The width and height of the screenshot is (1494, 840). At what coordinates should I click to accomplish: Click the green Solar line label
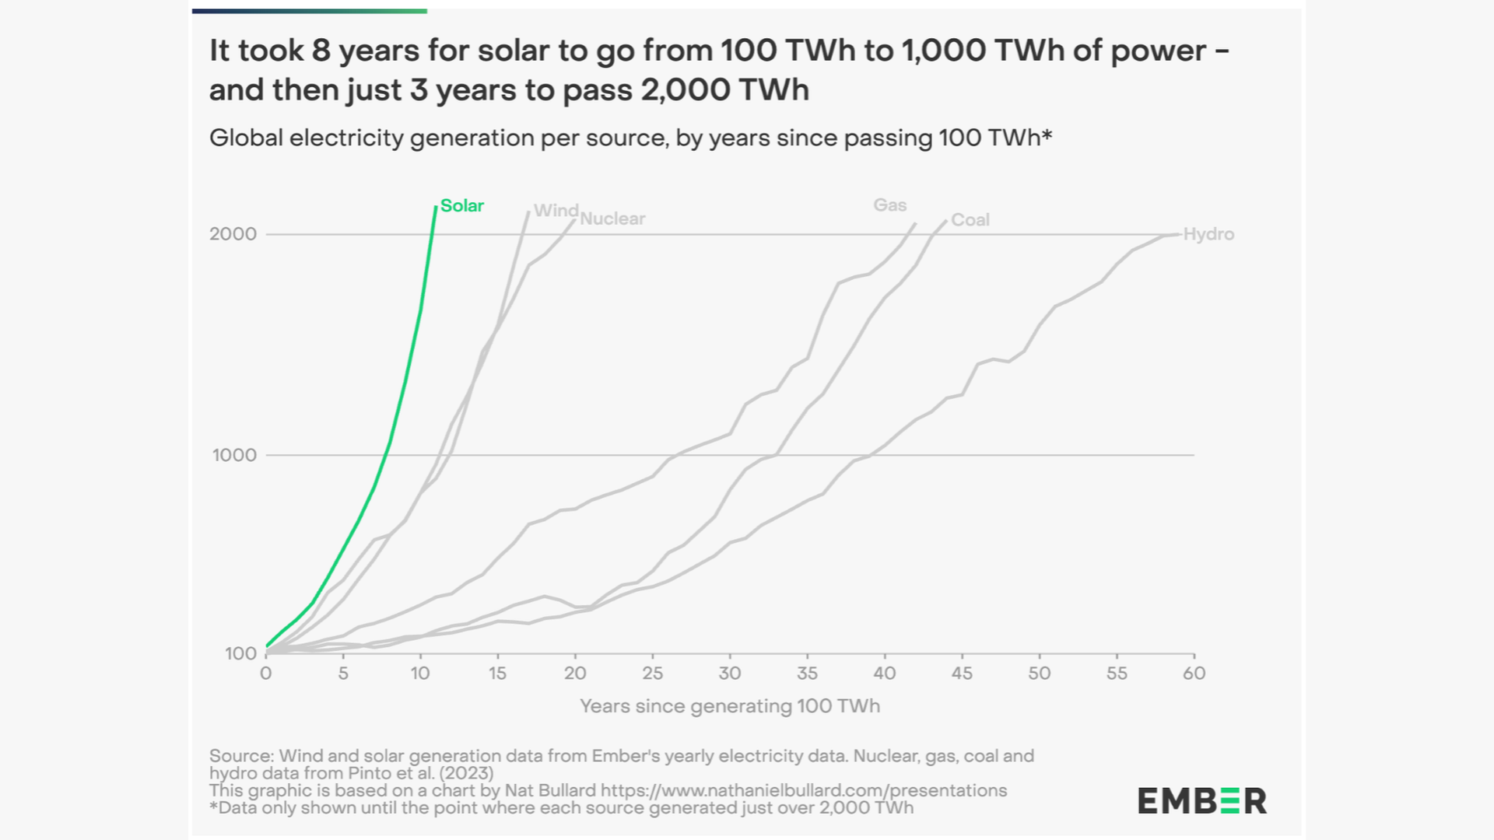pyautogui.click(x=461, y=205)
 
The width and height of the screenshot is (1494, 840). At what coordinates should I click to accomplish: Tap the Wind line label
pyautogui.click(x=556, y=210)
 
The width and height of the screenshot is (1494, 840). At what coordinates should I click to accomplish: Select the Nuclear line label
pyautogui.click(x=612, y=219)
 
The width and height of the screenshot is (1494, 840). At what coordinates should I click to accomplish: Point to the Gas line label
pyautogui.click(x=889, y=205)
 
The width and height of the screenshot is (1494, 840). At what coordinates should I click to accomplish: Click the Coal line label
pyautogui.click(x=970, y=219)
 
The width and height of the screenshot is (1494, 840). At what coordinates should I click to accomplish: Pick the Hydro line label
pyautogui.click(x=1208, y=234)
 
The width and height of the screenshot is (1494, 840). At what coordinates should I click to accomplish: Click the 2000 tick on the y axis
pyautogui.click(x=233, y=234)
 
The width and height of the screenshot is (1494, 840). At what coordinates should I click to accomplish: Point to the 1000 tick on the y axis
pyautogui.click(x=234, y=455)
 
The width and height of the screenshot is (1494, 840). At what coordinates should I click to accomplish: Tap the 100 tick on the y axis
pyautogui.click(x=240, y=653)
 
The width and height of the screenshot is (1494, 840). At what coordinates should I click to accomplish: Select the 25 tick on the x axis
pyautogui.click(x=652, y=674)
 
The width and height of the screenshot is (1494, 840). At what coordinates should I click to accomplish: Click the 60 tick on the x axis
pyautogui.click(x=1194, y=674)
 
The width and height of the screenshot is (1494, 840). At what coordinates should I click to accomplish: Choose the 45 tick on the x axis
pyautogui.click(x=962, y=674)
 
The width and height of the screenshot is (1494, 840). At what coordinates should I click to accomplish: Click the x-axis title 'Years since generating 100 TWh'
pyautogui.click(x=730, y=706)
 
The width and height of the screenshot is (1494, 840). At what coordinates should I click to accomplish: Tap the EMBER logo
pyautogui.click(x=1201, y=800)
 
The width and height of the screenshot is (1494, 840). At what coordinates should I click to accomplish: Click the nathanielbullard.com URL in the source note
pyautogui.click(x=803, y=790)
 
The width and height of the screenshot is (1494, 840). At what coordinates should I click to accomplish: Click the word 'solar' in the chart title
pyautogui.click(x=518, y=51)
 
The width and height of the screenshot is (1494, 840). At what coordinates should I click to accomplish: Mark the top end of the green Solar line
pyautogui.click(x=436, y=207)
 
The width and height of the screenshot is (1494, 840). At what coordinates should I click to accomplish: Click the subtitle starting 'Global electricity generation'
pyautogui.click(x=630, y=138)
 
